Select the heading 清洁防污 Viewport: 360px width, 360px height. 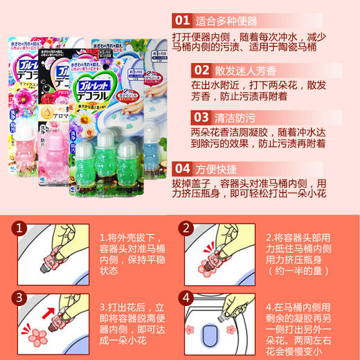[x=236, y=117]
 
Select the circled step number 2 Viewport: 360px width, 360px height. [x=185, y=227]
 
